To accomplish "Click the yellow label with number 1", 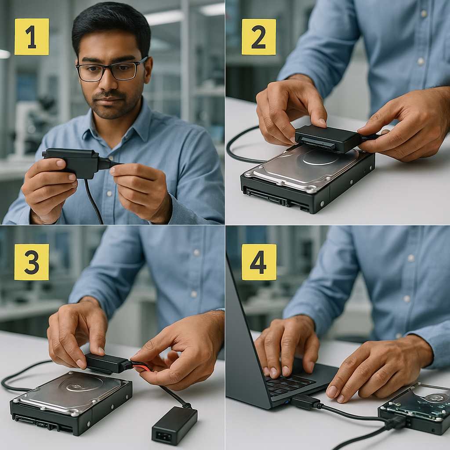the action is point(32,36).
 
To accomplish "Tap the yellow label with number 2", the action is point(258,37).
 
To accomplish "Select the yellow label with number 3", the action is point(32,262).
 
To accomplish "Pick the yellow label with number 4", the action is point(259,262).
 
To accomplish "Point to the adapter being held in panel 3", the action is point(107,363).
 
